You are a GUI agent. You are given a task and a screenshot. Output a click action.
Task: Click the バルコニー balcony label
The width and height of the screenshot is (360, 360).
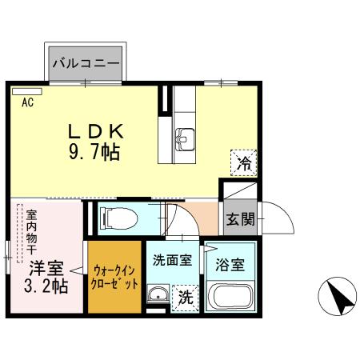86,62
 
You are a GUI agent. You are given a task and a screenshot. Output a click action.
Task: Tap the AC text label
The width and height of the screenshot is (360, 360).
27,102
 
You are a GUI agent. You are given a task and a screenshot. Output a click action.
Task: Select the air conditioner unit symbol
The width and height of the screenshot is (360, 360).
27,91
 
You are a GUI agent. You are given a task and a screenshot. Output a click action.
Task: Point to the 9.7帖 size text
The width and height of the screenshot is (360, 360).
94,152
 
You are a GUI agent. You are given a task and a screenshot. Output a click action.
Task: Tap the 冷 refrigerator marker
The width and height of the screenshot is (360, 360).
243,163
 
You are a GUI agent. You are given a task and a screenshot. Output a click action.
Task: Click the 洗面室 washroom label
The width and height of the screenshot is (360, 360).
172,260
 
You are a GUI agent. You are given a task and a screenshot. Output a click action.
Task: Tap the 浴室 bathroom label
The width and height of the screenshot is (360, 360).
229,265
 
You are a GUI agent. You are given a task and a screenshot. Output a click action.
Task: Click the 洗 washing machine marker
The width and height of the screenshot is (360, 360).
186,298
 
